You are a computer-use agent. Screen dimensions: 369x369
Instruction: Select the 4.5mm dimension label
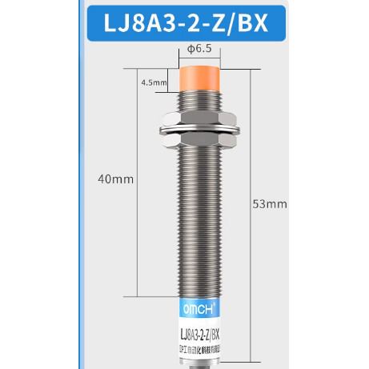152,82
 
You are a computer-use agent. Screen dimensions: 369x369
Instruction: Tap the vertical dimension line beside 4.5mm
171,81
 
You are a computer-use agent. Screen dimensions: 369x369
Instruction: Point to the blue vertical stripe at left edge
78,200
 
